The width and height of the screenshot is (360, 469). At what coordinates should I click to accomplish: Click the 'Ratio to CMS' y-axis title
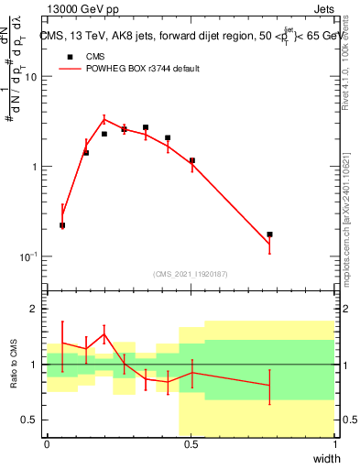[14, 364]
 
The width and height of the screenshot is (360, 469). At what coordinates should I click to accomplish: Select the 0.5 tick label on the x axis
[191, 445]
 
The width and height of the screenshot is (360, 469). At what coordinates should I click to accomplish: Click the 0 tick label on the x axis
[47, 445]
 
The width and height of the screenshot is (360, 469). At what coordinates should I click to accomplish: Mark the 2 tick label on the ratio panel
[34, 310]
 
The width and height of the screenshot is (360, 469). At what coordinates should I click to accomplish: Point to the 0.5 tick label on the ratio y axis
[29, 420]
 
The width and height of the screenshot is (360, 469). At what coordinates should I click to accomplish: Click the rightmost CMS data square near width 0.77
[269, 234]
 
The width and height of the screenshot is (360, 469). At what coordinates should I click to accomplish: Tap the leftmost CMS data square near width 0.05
[62, 224]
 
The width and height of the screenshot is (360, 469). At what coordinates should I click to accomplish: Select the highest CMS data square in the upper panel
[146, 127]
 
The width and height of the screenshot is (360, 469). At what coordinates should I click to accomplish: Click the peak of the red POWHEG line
[104, 118]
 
